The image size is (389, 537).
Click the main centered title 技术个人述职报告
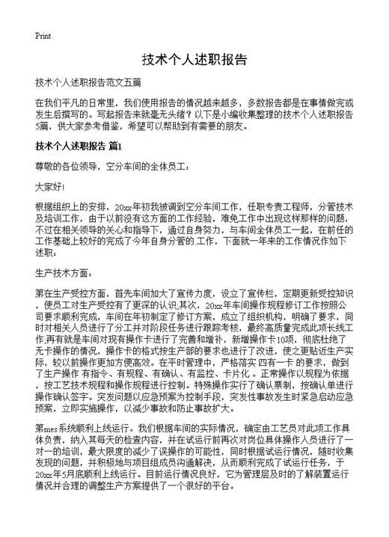pos(194,60)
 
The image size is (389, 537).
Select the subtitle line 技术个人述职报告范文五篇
pos(89,82)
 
